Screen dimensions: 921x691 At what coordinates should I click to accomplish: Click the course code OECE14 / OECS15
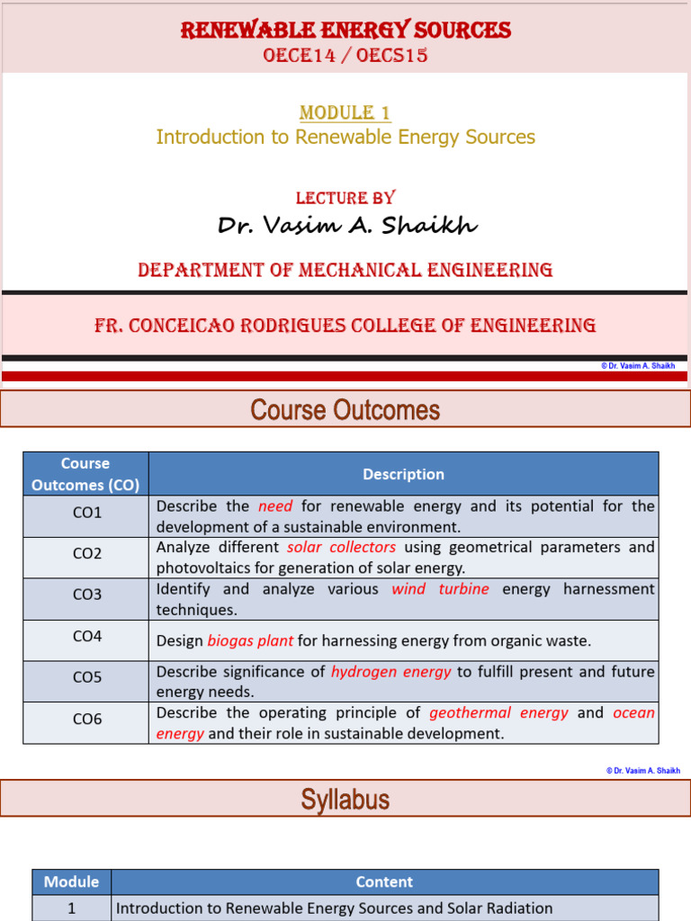point(345,56)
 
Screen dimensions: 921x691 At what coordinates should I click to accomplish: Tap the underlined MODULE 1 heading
point(345,113)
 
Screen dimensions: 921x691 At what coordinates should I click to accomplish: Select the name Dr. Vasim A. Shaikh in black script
point(347,225)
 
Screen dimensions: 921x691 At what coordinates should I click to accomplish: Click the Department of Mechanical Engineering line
point(345,270)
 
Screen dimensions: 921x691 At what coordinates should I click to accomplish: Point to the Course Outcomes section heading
point(345,410)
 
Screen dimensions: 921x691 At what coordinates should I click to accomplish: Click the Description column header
point(403,474)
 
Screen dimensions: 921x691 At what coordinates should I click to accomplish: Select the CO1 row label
point(87,513)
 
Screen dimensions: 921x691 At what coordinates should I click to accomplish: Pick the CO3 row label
point(87,595)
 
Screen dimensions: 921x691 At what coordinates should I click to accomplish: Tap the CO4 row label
point(87,636)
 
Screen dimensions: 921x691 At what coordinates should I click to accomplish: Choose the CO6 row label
point(87,720)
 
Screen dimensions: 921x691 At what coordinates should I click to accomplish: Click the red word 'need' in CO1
point(275,506)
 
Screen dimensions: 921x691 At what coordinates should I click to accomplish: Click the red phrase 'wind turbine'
point(440,589)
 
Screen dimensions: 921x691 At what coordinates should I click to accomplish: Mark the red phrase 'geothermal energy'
point(498,713)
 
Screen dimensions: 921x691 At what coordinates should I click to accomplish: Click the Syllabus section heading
point(345,800)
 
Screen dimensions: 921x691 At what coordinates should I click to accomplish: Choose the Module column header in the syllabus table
point(71,882)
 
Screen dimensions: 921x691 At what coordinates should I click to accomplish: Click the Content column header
point(384,882)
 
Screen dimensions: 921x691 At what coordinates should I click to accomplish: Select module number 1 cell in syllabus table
point(71,908)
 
